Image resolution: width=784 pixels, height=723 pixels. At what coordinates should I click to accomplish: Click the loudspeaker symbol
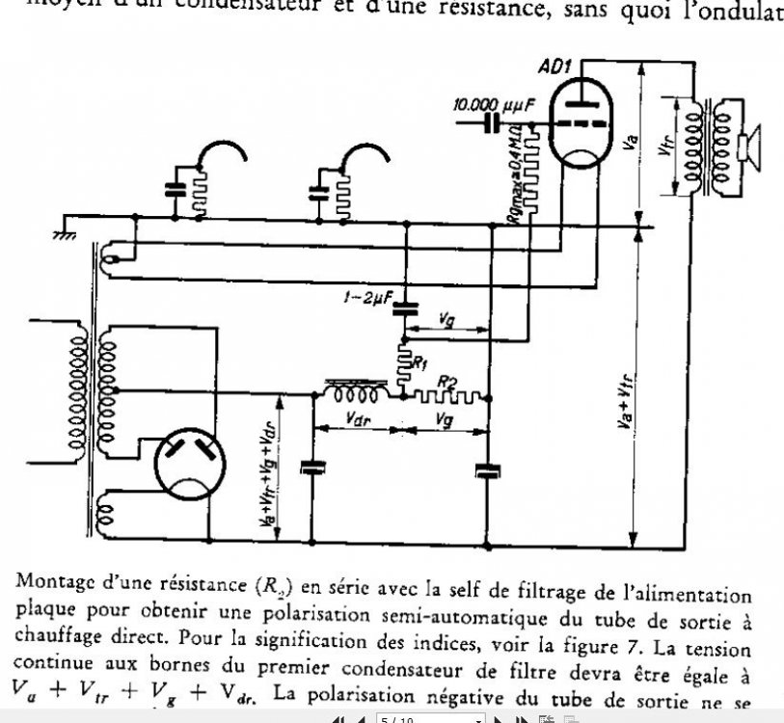748,145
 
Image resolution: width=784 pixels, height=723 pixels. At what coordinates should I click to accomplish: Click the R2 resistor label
446,383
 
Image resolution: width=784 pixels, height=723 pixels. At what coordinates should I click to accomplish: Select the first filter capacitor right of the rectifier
311,468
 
